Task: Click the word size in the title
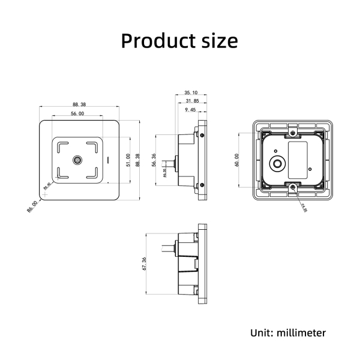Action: coord(218,41)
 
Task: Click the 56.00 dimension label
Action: coord(77,113)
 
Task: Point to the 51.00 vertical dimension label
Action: coord(128,160)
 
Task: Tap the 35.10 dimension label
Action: coord(191,93)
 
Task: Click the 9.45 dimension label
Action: coord(190,110)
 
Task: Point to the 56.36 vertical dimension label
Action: coord(154,160)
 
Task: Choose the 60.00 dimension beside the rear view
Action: coord(237,160)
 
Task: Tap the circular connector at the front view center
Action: coord(78,160)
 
